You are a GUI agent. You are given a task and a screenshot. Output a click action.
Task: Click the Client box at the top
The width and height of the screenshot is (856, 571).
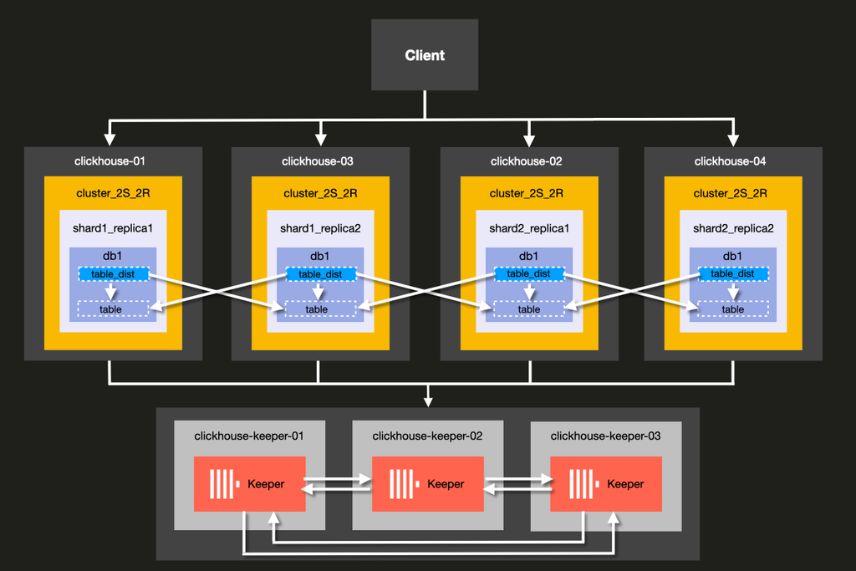(425, 55)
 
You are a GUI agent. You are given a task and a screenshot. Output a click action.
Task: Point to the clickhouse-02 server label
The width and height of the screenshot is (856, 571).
(528, 161)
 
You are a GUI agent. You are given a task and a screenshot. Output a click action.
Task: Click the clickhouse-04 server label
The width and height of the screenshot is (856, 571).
(733, 161)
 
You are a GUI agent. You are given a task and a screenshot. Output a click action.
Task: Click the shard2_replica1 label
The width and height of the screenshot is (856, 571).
(528, 228)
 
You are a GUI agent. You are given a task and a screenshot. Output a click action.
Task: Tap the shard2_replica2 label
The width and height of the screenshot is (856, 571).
(733, 228)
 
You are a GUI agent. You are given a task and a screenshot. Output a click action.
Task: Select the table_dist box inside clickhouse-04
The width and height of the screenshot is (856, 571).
(733, 274)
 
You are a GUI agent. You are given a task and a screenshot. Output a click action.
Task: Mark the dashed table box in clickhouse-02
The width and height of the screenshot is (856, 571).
(528, 309)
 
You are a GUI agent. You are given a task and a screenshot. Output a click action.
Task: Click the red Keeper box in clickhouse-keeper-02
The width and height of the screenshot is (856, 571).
(427, 484)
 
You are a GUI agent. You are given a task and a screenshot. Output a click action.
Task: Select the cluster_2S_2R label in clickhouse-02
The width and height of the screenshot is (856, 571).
(528, 193)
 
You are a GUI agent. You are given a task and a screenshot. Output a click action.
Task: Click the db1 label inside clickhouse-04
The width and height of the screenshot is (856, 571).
(733, 256)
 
